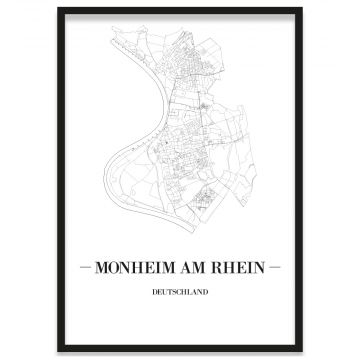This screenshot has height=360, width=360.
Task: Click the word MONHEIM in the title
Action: point(135,268)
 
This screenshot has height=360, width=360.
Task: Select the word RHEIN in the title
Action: point(241,268)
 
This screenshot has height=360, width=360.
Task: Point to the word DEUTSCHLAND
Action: point(181,292)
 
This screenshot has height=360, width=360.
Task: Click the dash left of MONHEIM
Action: point(84,268)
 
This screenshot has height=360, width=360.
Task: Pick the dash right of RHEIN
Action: point(277,268)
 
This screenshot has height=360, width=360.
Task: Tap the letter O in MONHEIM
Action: point(113,268)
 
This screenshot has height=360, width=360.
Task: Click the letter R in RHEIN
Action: point(220,268)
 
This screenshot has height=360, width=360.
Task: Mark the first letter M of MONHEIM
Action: point(100,268)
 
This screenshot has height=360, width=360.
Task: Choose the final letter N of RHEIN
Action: point(263,268)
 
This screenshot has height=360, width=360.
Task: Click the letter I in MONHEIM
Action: point(158,268)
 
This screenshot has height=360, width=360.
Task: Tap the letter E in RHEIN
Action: point(242,268)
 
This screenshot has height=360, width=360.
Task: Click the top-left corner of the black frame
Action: point(58,9)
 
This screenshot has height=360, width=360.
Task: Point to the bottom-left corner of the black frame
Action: point(58,352)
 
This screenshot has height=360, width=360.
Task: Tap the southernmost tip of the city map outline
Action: point(203,229)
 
